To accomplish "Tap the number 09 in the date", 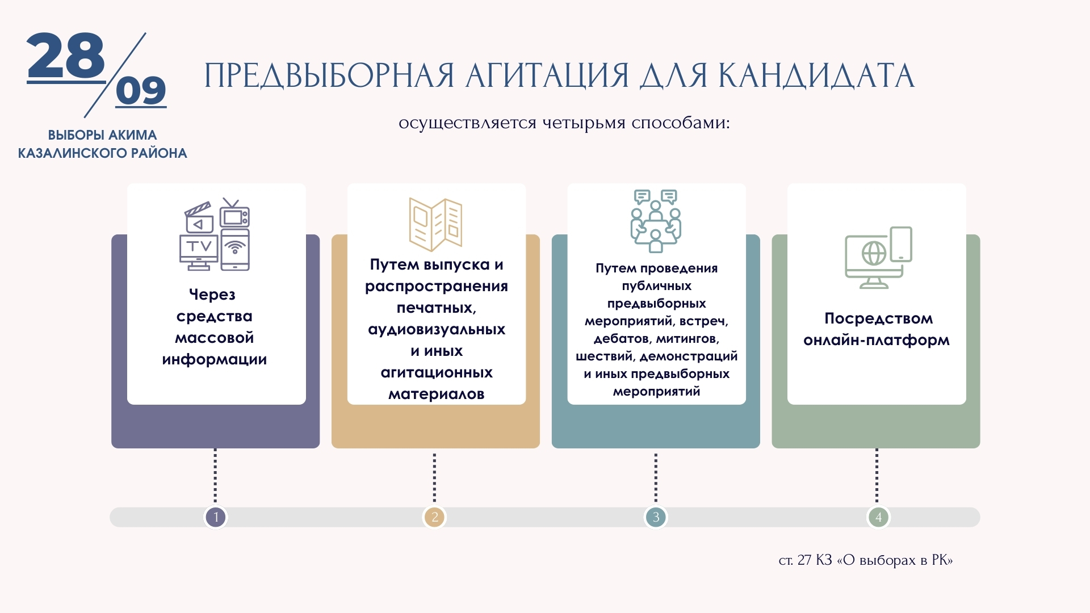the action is click(x=141, y=90).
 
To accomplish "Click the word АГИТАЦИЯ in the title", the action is click(x=547, y=76).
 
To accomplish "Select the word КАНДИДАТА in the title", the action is click(x=816, y=76).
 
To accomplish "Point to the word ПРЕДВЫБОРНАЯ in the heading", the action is click(x=329, y=76).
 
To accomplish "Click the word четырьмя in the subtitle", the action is click(x=584, y=123).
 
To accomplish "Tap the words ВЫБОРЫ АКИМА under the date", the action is click(x=102, y=135).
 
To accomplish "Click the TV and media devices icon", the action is click(x=215, y=234).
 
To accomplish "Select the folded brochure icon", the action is click(x=435, y=224).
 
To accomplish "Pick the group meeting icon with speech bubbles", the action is click(x=656, y=221).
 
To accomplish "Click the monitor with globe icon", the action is click(x=878, y=258).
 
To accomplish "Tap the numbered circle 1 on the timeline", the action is click(x=216, y=517).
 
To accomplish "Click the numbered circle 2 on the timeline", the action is click(x=435, y=517).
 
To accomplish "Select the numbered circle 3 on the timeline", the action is click(x=656, y=517).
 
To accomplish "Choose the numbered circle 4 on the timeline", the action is click(x=878, y=517).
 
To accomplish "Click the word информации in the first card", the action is click(x=215, y=360).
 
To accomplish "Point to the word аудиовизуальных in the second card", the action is click(x=437, y=330).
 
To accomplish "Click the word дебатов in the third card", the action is click(x=622, y=339).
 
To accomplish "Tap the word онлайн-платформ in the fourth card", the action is click(x=877, y=341).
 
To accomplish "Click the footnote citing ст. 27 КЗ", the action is click(x=866, y=560).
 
